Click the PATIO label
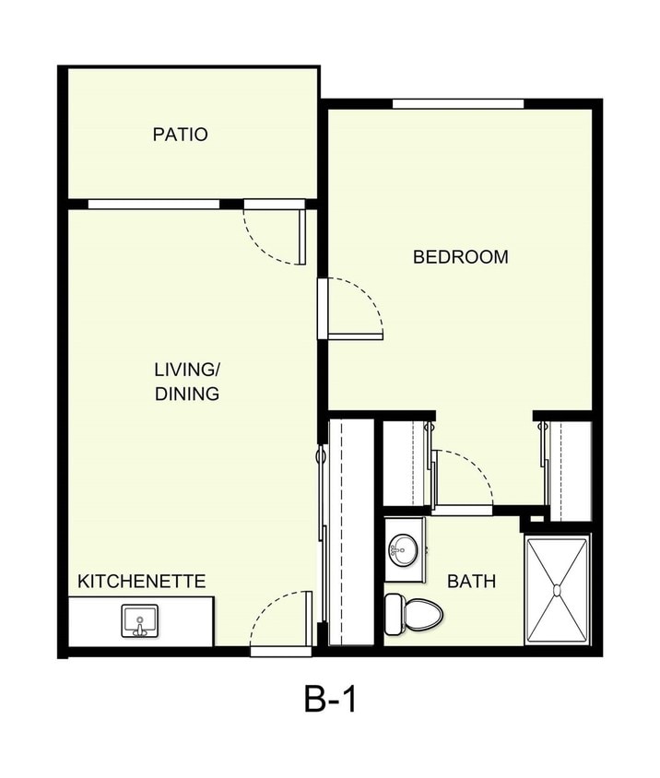coord(180,135)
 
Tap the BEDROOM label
coord(460,257)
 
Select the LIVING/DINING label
coord(187,382)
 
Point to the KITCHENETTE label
coord(141,582)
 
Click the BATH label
coord(471,582)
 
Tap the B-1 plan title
coord(329,701)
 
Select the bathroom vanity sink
coord(403,551)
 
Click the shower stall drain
coord(557,588)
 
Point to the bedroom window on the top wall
coord(458,103)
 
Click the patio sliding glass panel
coord(153,204)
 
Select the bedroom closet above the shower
coord(569,468)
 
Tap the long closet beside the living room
coord(351,533)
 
